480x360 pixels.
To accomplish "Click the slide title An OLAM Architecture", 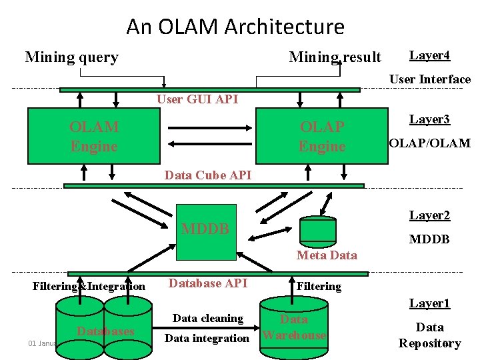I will click(x=235, y=27).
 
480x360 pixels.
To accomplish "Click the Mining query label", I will click(x=71, y=57).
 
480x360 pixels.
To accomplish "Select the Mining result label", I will click(x=335, y=57).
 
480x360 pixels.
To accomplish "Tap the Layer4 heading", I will click(x=429, y=55).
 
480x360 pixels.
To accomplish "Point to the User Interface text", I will click(x=429, y=79).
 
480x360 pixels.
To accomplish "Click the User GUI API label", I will click(x=197, y=99).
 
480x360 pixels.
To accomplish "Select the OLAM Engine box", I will click(x=94, y=136).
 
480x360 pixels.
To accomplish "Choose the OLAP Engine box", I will click(x=322, y=136).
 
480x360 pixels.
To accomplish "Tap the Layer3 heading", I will click(x=429, y=119).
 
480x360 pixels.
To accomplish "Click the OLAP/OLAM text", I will click(x=429, y=143).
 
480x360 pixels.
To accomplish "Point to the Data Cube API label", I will click(x=207, y=175).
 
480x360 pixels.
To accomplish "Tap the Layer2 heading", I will click(x=429, y=215).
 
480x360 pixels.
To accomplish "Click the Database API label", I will click(x=207, y=283).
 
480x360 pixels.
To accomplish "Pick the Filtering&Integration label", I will click(x=89, y=287).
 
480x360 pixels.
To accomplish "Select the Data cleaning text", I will click(x=207, y=318).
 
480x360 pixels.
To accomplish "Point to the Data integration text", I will click(x=207, y=338).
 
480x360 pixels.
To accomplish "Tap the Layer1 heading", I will click(x=429, y=304).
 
